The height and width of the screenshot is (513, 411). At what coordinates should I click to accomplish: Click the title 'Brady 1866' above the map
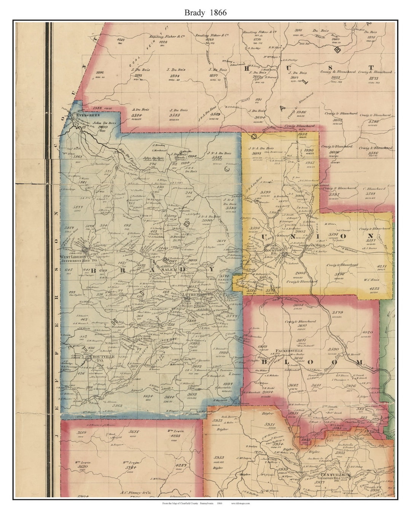coord(205,12)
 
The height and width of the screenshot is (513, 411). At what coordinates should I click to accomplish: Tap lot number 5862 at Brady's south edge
coord(118,406)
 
